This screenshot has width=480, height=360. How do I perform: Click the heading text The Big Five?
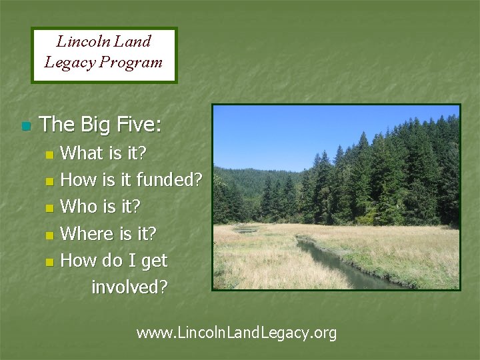pos(100,124)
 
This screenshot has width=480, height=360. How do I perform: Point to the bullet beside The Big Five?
pos(26,126)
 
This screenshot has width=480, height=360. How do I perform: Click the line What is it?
pos(103,153)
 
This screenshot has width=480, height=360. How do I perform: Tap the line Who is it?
pos(100,207)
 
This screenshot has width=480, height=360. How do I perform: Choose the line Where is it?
pos(108,234)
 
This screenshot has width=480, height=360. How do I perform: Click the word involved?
pos(129,287)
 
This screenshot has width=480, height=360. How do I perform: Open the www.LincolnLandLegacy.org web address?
pos(237,332)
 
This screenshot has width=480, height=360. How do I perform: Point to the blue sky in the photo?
pos(287,133)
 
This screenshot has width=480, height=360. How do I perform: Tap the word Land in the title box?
pos(133,41)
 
